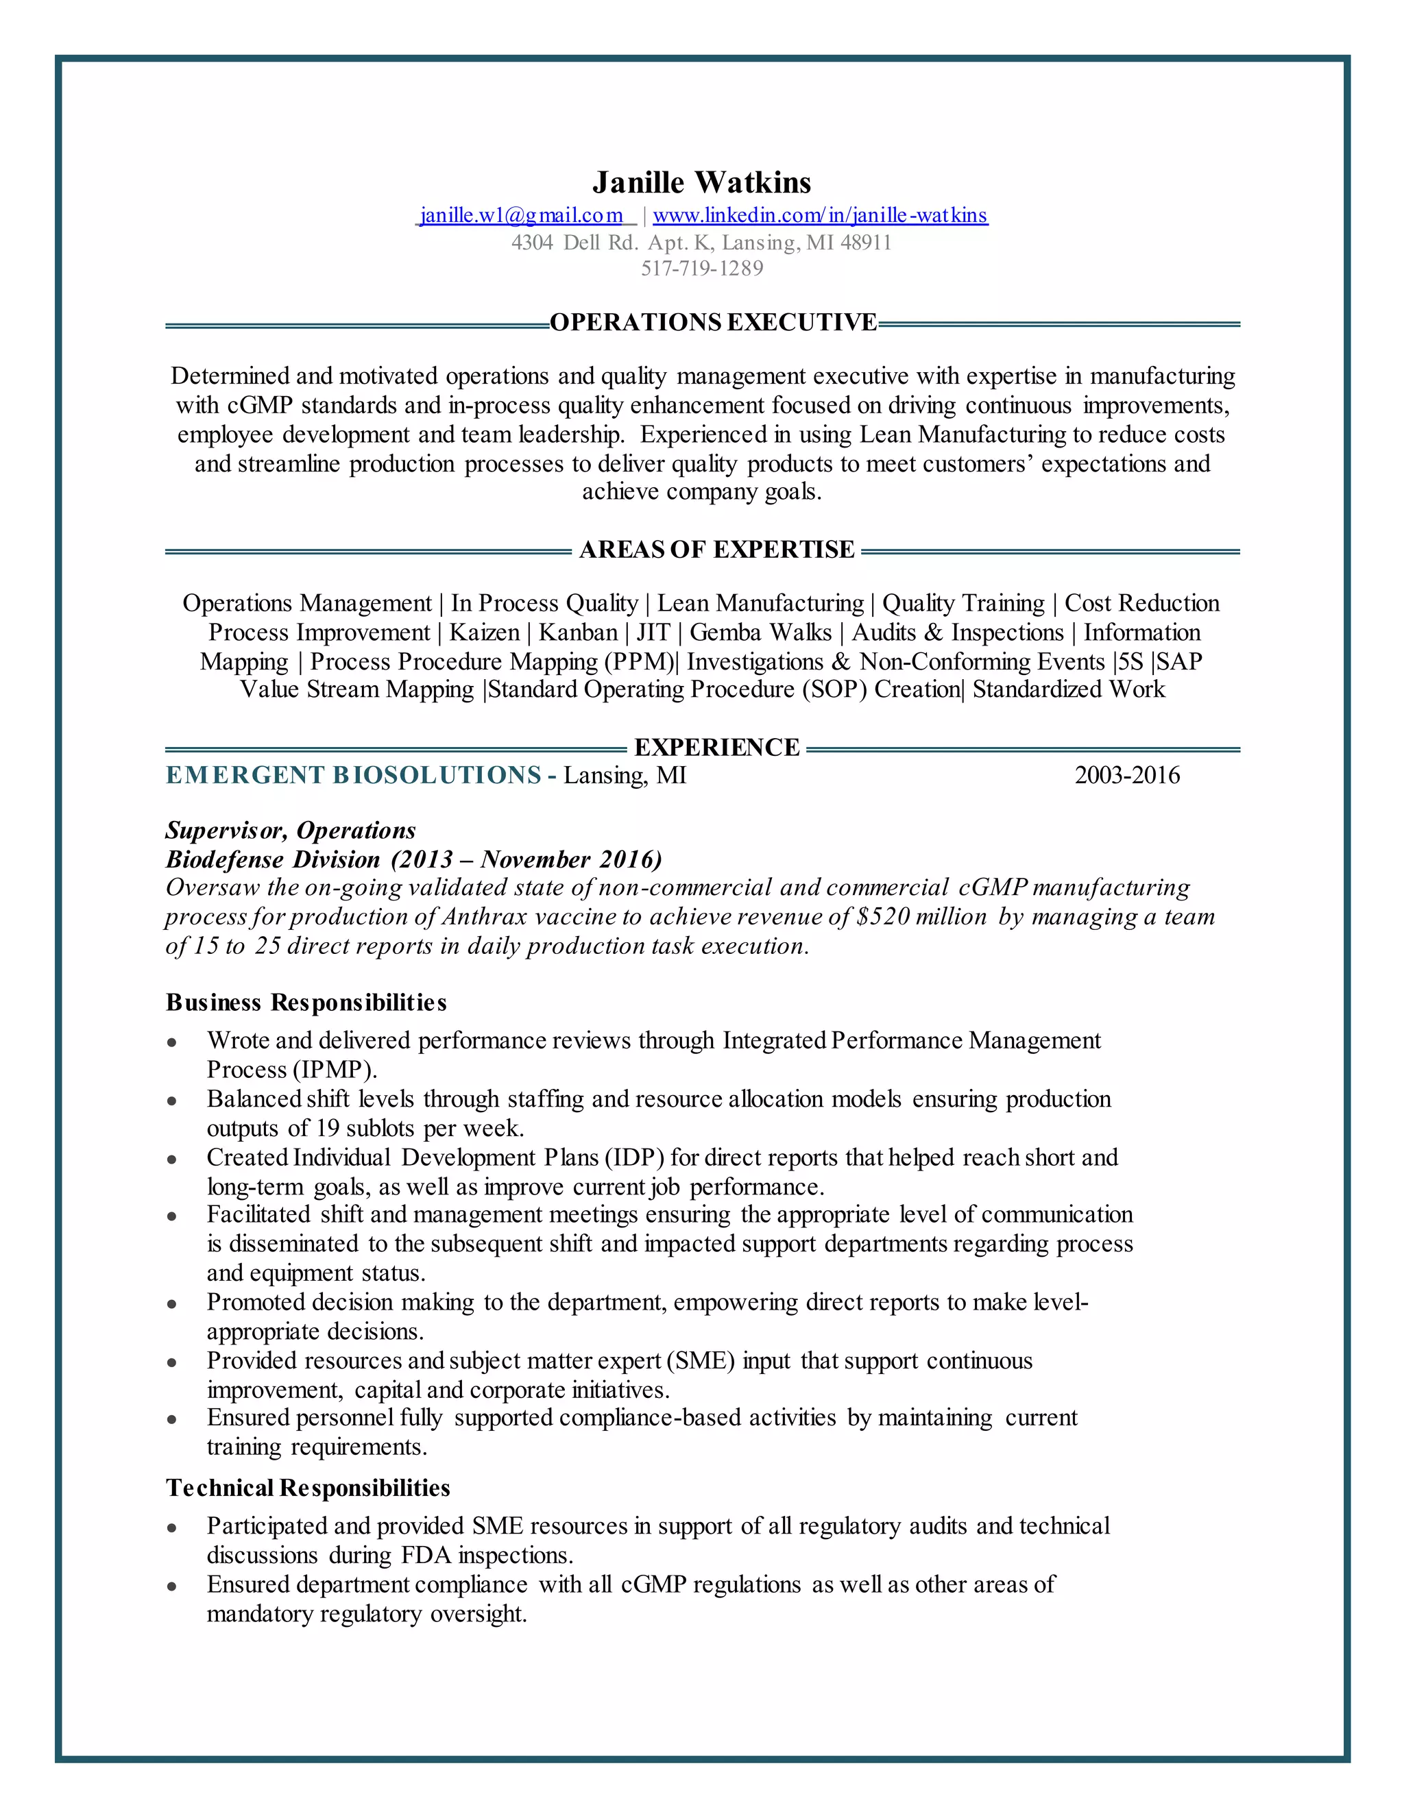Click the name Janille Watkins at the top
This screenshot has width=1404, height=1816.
pos(701,182)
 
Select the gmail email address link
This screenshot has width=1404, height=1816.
pos(522,215)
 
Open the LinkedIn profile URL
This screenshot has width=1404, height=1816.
pos(820,215)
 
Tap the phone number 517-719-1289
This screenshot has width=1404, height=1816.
pos(701,269)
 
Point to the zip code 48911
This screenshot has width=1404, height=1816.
pos(866,243)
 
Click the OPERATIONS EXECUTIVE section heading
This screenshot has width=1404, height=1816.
pos(713,323)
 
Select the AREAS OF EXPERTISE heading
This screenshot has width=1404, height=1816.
pos(716,550)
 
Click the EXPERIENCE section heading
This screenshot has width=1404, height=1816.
pos(716,748)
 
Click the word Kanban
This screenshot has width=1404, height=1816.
pos(578,633)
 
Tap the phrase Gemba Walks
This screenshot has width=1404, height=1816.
pos(760,633)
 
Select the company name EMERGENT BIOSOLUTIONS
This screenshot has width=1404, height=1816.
pos(354,775)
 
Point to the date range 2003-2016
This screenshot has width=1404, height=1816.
pos(1127,775)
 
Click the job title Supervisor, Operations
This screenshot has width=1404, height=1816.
pos(290,830)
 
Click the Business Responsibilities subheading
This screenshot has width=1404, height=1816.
pos(306,1002)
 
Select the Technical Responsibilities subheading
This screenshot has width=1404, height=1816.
pos(308,1488)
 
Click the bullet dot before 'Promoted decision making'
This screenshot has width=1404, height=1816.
pos(171,1304)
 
